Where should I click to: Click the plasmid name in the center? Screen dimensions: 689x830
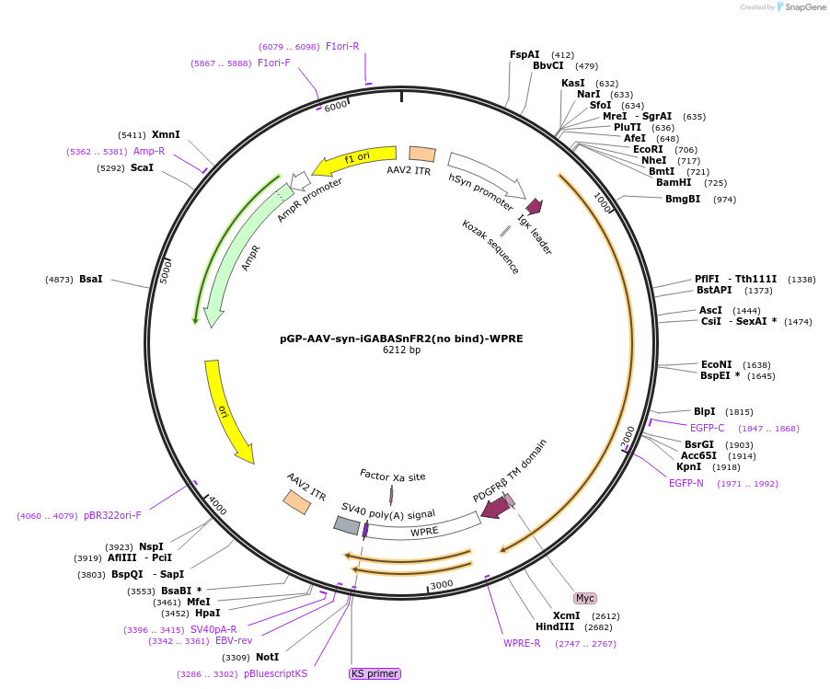tap(401, 339)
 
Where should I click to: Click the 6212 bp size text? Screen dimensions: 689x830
tap(401, 350)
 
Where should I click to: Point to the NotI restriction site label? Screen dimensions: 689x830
tap(267, 657)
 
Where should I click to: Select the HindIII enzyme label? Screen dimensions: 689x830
tap(555, 627)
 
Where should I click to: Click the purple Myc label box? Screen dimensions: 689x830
tap(585, 598)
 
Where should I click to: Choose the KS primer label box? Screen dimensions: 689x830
tap(375, 673)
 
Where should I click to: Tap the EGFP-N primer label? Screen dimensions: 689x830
tap(686, 483)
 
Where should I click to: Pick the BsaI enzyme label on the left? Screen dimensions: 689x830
tap(91, 279)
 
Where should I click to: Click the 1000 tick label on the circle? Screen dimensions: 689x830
tap(603, 202)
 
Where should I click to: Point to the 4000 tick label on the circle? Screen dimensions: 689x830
tap(216, 505)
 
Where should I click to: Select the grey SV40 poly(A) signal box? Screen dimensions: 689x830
tap(346, 524)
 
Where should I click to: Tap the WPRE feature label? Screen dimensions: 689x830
tap(424, 532)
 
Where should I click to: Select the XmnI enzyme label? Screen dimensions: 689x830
tap(166, 134)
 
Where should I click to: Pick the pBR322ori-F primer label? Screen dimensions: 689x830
tap(112, 515)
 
